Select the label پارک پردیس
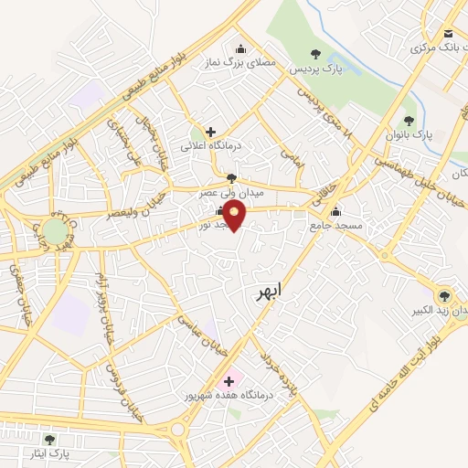click(315, 69)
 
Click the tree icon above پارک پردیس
click(316, 54)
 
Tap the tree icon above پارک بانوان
click(409, 120)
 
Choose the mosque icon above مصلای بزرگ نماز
click(240, 49)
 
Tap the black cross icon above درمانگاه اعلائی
click(211, 132)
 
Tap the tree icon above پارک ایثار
click(49, 440)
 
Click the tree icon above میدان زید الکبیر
click(444, 295)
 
